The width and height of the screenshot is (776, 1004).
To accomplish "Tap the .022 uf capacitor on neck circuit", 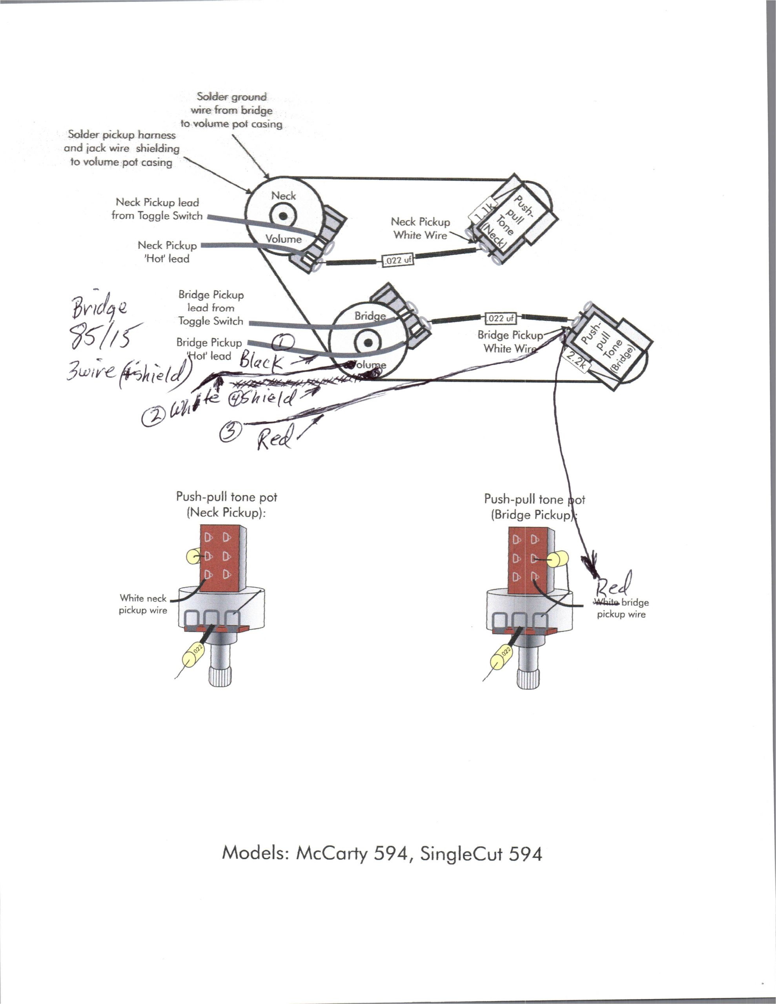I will click(397, 260).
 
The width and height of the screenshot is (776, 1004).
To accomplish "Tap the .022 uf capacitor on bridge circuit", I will click(500, 318).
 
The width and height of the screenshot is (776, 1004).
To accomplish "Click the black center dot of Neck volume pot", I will click(283, 216).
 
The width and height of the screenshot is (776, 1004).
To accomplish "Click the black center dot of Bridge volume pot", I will click(368, 342).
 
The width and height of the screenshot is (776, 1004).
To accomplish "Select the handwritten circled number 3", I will click(231, 432).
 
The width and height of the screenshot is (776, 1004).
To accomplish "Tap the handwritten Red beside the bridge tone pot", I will click(614, 584).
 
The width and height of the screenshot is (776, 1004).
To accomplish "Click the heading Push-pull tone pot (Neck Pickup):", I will click(226, 504).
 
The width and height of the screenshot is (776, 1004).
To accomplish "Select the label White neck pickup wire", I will click(143, 604).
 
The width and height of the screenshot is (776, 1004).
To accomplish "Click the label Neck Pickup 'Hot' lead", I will click(168, 252).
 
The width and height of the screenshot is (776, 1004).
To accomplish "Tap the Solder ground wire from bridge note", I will click(231, 110).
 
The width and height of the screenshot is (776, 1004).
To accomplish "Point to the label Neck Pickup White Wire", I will click(421, 229).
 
